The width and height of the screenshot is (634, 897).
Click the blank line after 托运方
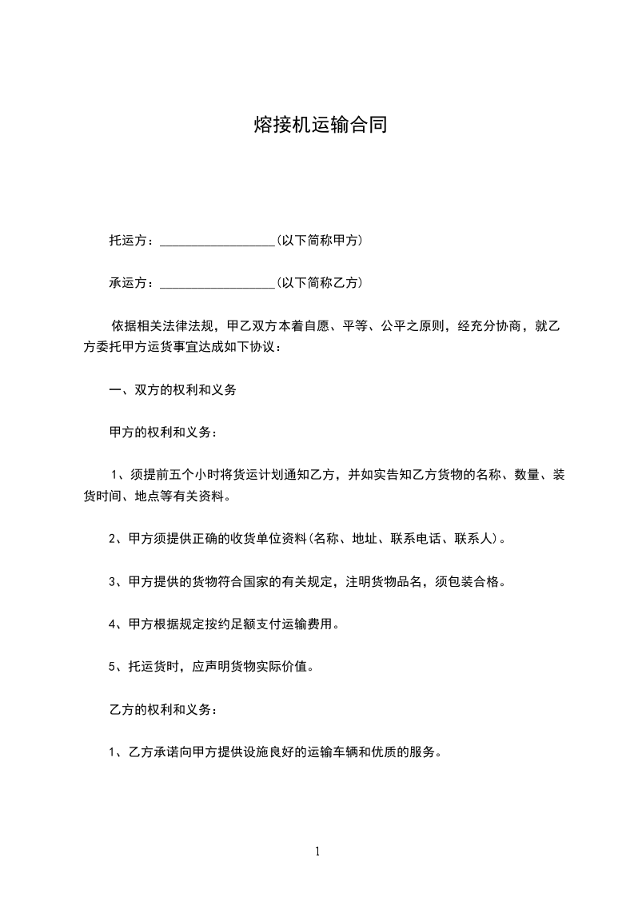click(x=217, y=241)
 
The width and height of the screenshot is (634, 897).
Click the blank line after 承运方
click(x=217, y=283)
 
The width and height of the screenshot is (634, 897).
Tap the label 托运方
click(x=128, y=240)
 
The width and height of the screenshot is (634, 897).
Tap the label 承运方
click(x=128, y=282)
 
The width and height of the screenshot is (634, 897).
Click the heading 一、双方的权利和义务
click(x=172, y=390)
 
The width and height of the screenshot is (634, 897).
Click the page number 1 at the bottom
click(x=317, y=852)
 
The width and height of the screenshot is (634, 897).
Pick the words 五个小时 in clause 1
click(x=189, y=475)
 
